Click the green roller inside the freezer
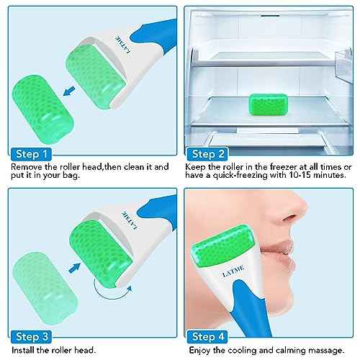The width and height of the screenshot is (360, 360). click(268, 103)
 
